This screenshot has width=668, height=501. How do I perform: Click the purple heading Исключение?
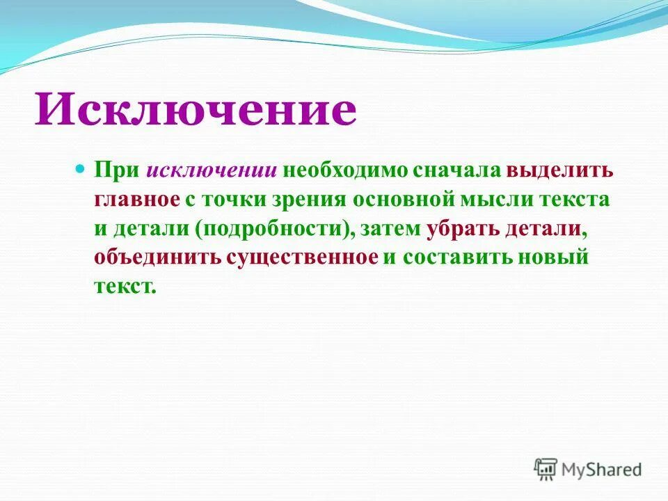[196, 109]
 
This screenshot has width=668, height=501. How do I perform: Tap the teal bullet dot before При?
[79, 169]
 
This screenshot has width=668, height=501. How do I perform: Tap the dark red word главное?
[137, 200]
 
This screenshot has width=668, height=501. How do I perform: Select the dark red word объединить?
[157, 257]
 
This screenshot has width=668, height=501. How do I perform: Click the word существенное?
[301, 257]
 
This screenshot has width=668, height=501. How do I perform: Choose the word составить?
[455, 257]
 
